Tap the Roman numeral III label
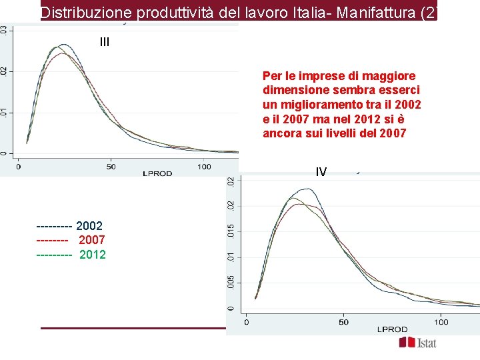pos(104,42)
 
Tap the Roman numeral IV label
pos(321,172)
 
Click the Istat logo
pos(418,343)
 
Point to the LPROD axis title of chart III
pos(157,173)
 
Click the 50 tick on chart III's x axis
pos(111,166)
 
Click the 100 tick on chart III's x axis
pos(204,166)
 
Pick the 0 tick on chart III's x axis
pos(19,166)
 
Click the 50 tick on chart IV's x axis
pos(343,322)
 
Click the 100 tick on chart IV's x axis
pos(441,322)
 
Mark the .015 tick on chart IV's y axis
pos(231,232)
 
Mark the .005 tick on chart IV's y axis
pos(231,283)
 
